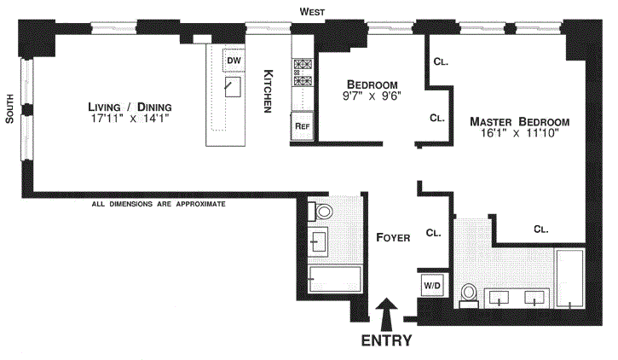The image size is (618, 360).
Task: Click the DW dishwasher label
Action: click(x=234, y=61)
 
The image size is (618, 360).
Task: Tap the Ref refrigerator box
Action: click(x=301, y=125)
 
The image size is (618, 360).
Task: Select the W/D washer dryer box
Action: click(x=430, y=284)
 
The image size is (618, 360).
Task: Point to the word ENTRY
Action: click(x=386, y=340)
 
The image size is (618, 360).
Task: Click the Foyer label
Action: click(x=393, y=238)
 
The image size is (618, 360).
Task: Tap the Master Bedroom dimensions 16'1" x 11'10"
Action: click(x=520, y=135)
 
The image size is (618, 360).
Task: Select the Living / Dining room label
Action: click(x=130, y=107)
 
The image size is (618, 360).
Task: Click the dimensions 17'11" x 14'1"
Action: click(x=130, y=119)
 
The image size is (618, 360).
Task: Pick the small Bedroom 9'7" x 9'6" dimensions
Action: click(x=372, y=96)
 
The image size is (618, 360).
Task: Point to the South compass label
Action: click(x=9, y=109)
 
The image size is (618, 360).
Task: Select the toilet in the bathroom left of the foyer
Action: click(x=324, y=212)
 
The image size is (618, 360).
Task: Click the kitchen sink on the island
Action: click(x=230, y=88)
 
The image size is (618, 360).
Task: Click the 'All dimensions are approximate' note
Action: click(x=159, y=205)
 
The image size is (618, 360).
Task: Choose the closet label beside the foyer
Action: click(x=432, y=232)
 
